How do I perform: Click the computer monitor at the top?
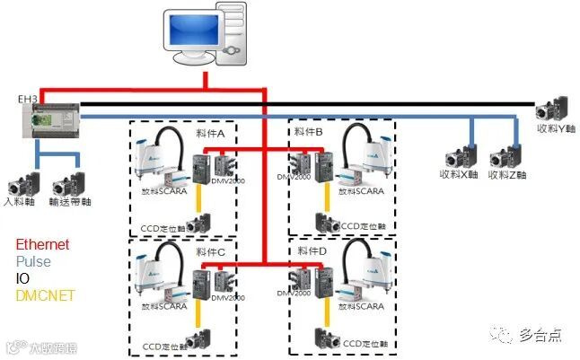[190, 34]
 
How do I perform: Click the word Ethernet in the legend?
[42, 244]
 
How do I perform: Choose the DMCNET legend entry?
[45, 295]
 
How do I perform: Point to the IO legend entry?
[22, 278]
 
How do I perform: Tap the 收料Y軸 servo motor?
[550, 109]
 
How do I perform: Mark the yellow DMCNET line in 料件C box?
[199, 318]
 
